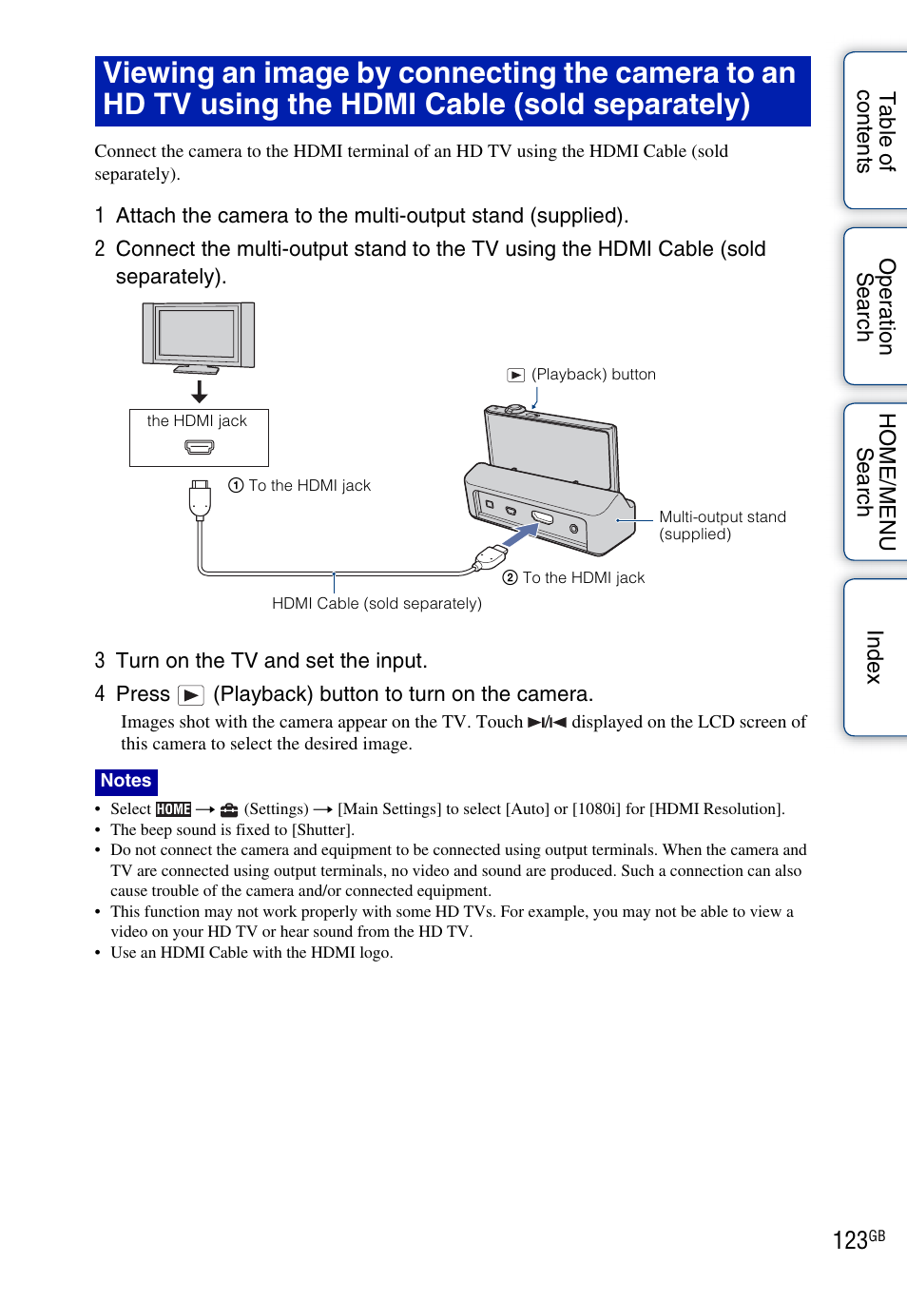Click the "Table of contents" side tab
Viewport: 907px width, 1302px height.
875,131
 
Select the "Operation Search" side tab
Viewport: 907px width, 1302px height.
875,306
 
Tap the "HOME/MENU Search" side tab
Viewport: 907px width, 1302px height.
875,482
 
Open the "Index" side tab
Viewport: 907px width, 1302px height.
875,657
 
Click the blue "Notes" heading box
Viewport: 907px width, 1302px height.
125,781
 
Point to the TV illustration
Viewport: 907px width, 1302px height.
198,337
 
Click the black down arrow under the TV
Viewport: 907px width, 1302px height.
199,391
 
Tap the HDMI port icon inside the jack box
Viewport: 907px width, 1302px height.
199,446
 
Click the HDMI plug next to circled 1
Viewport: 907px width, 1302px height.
200,498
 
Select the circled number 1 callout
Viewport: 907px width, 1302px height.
236,485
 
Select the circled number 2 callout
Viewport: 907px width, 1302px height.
510,577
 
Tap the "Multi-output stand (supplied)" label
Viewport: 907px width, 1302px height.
722,525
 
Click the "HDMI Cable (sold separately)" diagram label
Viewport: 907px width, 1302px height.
376,603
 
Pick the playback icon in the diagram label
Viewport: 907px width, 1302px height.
515,375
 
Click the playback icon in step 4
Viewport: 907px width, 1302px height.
191,695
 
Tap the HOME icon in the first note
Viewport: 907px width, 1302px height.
173,809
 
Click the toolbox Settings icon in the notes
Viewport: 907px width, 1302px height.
229,809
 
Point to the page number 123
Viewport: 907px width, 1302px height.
850,1240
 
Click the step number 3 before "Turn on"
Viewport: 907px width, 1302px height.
100,661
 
